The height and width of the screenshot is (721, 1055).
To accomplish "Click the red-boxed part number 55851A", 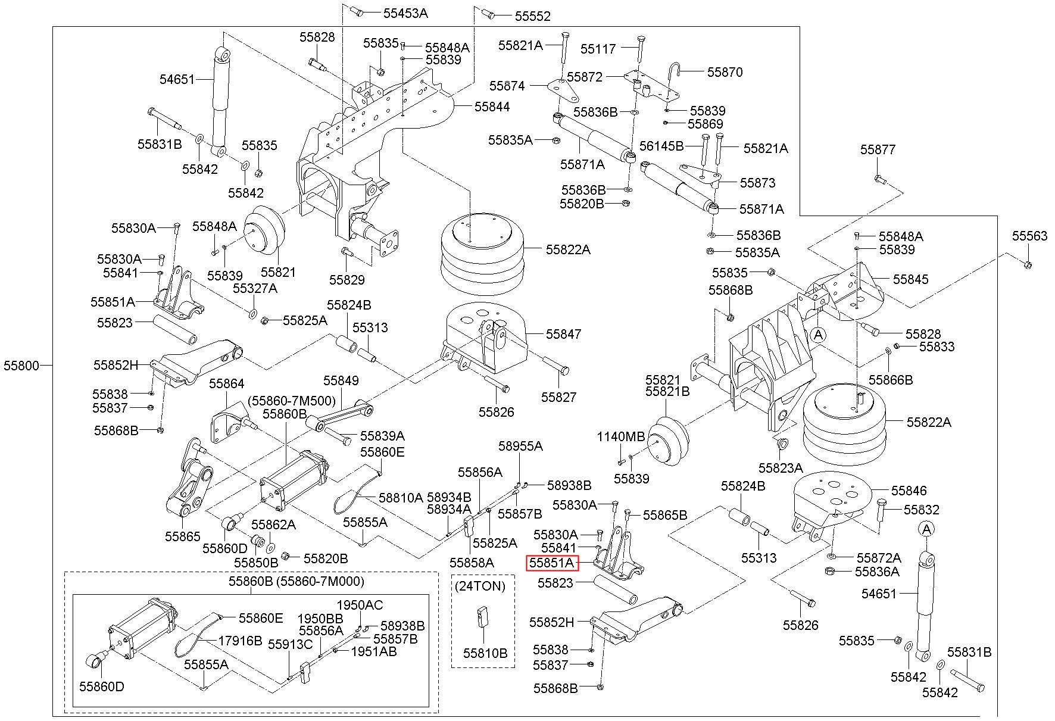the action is point(552,563).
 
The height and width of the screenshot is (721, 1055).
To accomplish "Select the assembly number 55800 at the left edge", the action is point(21,366).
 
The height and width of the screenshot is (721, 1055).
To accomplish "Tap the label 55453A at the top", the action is point(405,13).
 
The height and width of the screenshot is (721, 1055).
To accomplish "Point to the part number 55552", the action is point(533,16).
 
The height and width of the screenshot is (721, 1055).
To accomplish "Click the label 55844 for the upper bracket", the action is point(492,107).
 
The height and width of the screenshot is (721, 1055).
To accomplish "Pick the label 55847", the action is point(563,334).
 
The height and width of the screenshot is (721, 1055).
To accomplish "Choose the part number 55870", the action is point(725,72).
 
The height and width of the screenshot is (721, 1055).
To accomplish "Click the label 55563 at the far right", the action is point(1029,236).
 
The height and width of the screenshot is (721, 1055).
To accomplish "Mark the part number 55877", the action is point(878,149).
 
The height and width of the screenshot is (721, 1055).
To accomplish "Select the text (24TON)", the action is point(480,586).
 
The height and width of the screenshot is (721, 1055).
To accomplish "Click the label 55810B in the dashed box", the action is point(485,653).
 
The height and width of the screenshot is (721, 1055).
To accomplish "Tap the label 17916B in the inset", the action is point(240,641).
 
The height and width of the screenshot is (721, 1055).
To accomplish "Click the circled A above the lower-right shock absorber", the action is point(926,529).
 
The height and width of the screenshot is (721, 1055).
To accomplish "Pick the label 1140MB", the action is point(621,436).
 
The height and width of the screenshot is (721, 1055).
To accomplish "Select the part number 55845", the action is point(910,279).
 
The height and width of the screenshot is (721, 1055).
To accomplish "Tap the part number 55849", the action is point(341,380).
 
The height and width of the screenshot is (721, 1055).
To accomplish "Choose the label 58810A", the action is point(401,497).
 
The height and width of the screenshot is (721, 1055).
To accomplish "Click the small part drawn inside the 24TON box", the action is point(482,617).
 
